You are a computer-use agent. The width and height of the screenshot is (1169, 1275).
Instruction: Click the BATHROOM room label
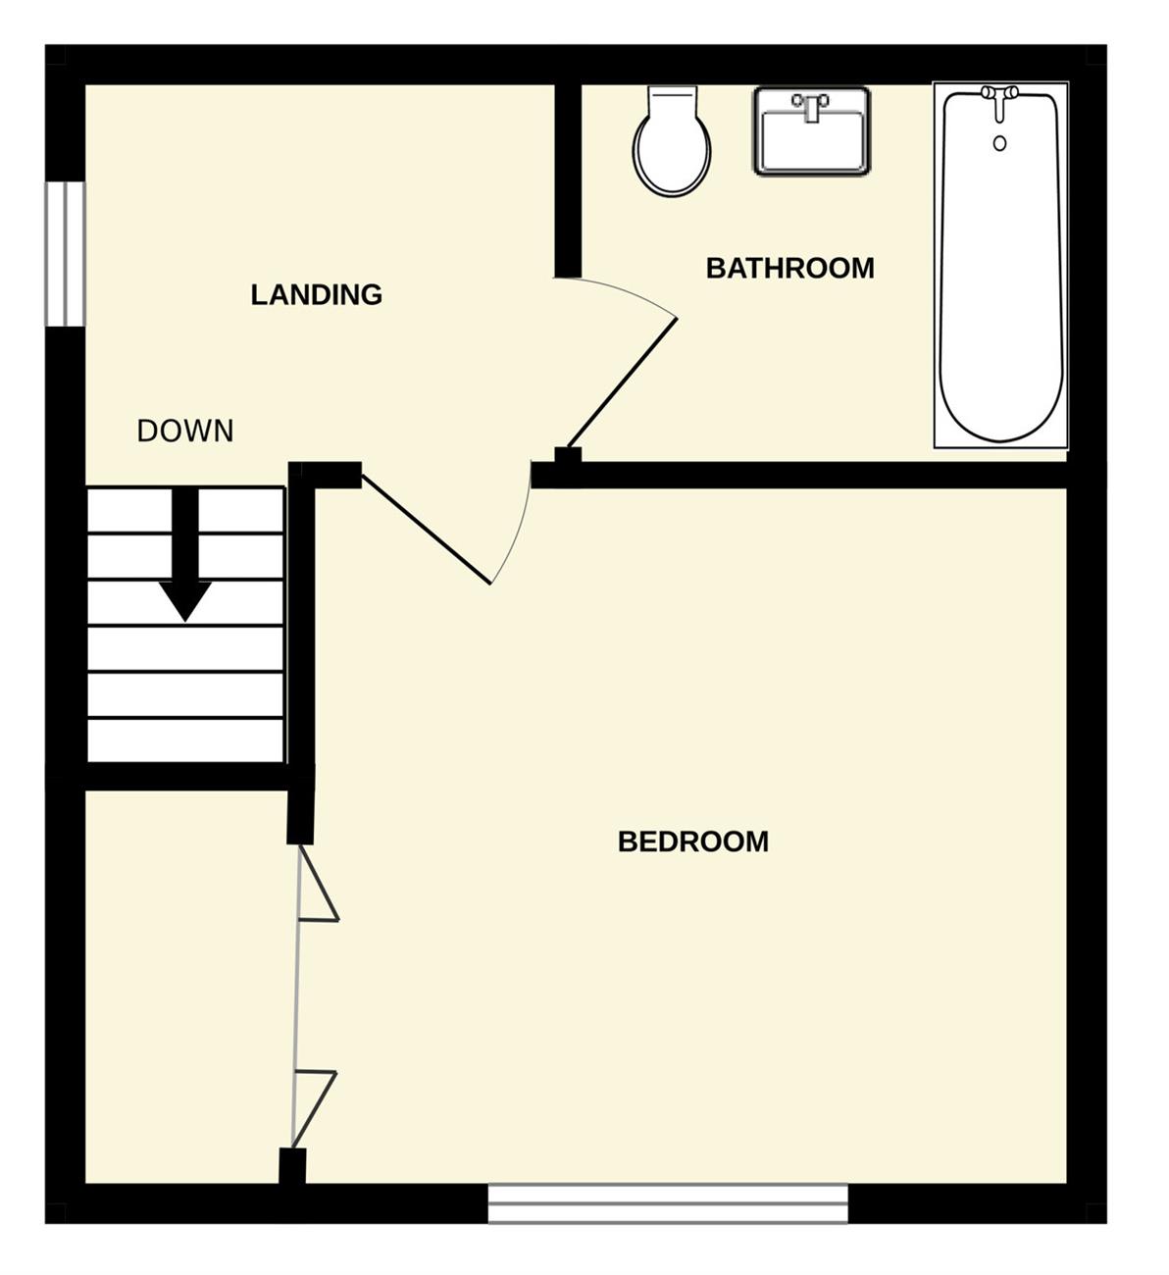tap(790, 268)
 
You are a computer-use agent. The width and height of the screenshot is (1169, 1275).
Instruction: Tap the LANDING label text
tap(317, 295)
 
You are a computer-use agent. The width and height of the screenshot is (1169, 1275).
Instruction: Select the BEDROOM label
tap(693, 842)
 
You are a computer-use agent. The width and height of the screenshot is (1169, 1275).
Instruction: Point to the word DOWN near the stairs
tap(185, 432)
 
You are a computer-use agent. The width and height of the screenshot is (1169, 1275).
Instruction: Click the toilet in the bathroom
tap(672, 140)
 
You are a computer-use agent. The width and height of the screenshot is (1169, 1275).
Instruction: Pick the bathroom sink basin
tap(812, 131)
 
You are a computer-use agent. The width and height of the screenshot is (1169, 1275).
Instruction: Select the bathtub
tap(1000, 265)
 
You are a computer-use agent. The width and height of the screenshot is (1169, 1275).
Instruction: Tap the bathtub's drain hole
tap(1000, 143)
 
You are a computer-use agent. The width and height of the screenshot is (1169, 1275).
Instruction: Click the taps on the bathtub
tap(1000, 102)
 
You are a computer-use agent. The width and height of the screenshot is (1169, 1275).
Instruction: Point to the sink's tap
tap(810, 106)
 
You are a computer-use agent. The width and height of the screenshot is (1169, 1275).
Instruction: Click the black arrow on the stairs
tap(185, 555)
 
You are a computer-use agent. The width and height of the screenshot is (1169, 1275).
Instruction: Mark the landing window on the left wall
tap(65, 254)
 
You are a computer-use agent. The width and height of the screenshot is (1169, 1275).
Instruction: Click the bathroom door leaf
tap(621, 383)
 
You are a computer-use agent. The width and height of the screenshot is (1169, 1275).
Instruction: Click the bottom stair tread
tap(185, 740)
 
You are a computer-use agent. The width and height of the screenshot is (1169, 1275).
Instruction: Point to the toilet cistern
tap(672, 100)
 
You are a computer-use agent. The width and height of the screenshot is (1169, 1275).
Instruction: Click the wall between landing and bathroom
tap(568, 181)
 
